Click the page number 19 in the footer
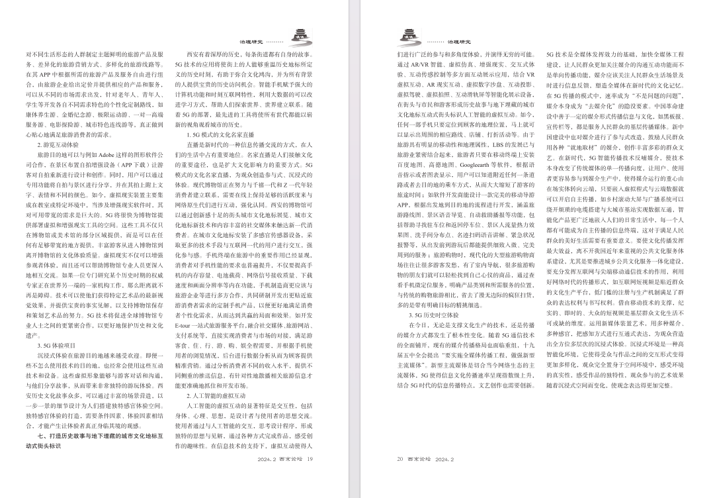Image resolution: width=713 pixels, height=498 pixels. pyautogui.click(x=309, y=458)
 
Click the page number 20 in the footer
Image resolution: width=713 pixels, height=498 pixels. pyautogui.click(x=399, y=458)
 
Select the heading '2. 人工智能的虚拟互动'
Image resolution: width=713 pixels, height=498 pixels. pyautogui.click(x=216, y=395)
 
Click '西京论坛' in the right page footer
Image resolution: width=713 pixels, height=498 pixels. pyautogui.click(x=421, y=458)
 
